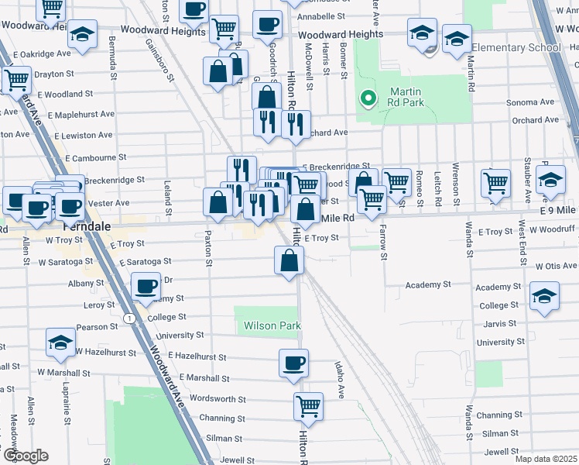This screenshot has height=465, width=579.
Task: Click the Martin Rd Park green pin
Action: tap(368, 99)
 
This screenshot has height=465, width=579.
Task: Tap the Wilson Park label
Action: tap(272, 326)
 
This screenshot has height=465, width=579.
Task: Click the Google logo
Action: tap(25, 456)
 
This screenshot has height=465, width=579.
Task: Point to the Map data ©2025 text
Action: tap(546, 459)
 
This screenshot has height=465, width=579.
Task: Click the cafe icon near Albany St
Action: tap(146, 287)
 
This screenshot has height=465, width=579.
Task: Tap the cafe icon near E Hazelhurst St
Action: tap(294, 362)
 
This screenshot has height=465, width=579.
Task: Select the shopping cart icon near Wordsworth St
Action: tap(308, 405)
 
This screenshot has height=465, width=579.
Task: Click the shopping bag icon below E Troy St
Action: tap(289, 261)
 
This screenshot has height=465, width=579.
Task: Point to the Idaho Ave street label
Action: tap(338, 378)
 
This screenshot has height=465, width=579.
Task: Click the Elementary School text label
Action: tap(516, 48)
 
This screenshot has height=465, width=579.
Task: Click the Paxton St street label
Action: tap(208, 246)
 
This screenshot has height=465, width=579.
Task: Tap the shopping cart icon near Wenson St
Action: tap(495, 183)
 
